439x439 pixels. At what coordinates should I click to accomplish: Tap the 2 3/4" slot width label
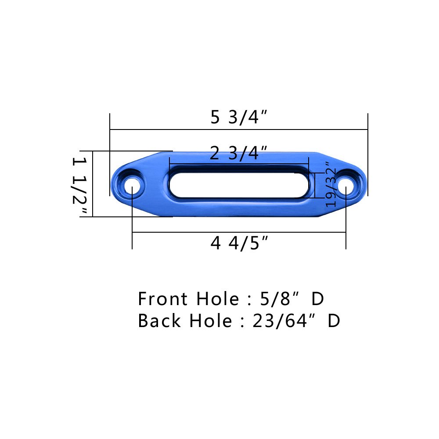[239, 154]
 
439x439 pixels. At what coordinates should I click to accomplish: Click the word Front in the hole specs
[160, 299]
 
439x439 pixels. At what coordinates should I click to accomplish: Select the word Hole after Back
[210, 321]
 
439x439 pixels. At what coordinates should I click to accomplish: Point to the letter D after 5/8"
[317, 299]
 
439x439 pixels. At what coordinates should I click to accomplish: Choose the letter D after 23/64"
[334, 321]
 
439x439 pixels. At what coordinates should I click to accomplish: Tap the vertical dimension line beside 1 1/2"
[93, 184]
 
